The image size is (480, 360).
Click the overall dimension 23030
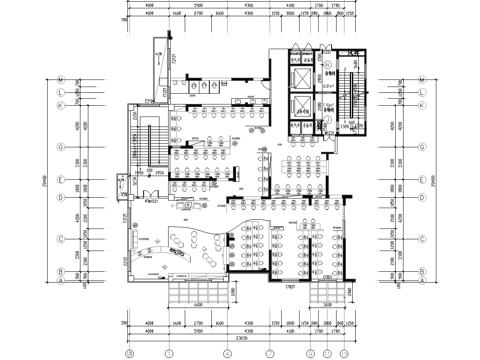(x=236, y=341)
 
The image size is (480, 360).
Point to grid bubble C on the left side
(x=61, y=239)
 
